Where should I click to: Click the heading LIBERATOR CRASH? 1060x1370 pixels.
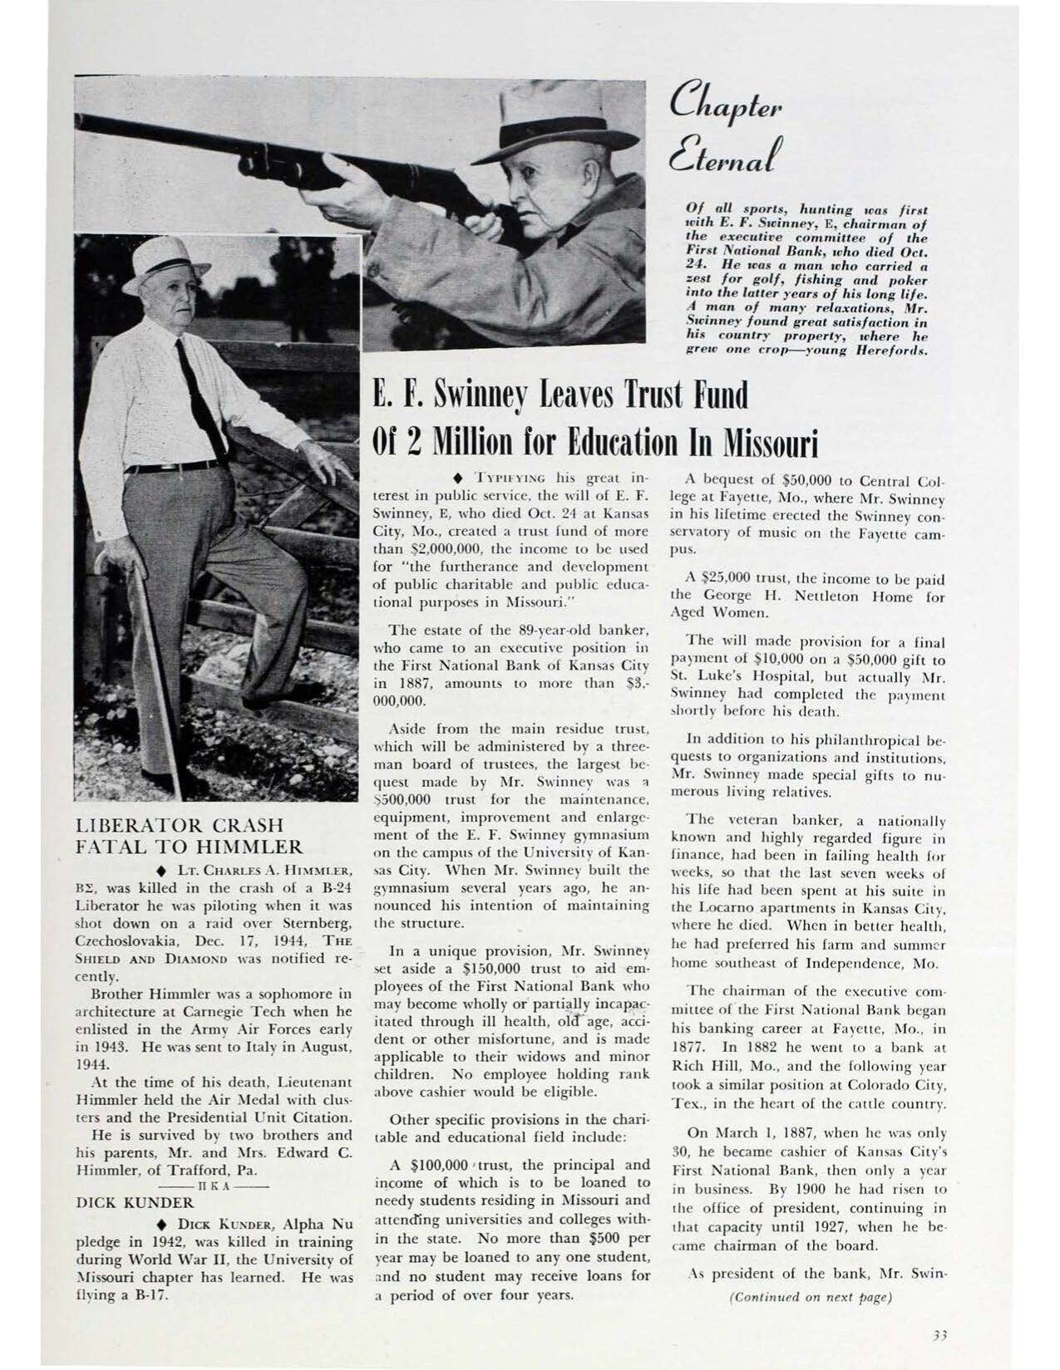(180, 826)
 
